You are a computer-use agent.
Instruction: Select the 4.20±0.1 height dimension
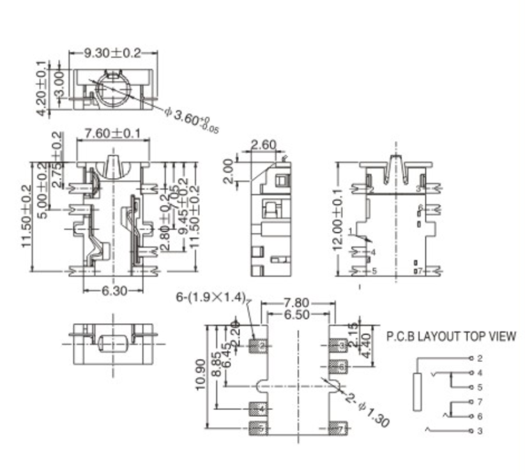[42, 89]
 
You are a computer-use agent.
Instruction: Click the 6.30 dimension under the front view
[114, 290]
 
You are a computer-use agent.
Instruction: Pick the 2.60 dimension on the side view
[263, 146]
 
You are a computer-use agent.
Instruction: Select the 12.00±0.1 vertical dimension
[339, 220]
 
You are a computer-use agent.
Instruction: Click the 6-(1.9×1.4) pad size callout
[211, 296]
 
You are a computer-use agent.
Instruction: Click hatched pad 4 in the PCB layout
[259, 408]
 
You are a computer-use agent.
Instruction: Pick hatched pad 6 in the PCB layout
[339, 366]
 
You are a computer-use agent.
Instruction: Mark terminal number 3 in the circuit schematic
[480, 431]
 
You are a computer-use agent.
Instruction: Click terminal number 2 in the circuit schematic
[480, 358]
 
